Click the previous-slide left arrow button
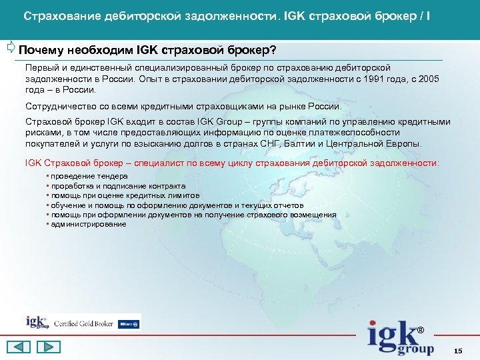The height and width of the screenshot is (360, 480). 19,347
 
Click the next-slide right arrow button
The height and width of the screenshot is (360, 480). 47,347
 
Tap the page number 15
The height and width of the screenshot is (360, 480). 457,351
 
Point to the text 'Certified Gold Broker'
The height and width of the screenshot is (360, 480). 84,323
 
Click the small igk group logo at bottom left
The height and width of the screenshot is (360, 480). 37,322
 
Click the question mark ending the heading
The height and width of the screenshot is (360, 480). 273,51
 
